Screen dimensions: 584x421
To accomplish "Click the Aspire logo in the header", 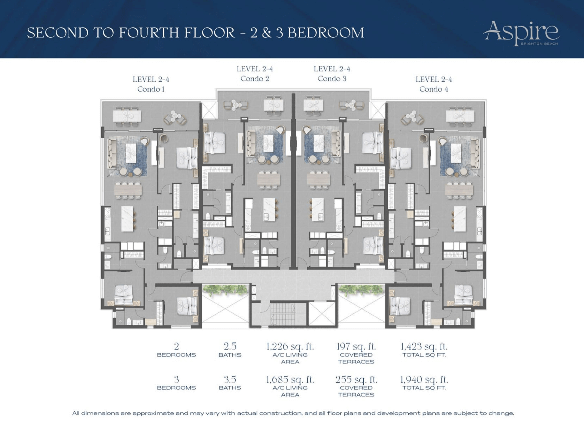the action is click(521, 33).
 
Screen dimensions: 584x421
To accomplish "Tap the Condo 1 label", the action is click(151, 89).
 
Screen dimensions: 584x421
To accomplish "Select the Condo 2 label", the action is click(255, 79).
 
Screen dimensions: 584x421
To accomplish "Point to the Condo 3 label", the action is click(332, 79).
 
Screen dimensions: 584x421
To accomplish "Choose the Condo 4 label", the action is click(434, 89).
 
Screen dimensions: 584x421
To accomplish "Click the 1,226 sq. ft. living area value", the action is click(290, 346).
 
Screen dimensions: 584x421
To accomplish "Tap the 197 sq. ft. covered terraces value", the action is click(356, 346).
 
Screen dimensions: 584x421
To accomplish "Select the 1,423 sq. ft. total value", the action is click(424, 346).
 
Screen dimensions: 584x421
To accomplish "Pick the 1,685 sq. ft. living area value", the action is click(290, 379).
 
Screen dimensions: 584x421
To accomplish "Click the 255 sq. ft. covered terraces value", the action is click(356, 379).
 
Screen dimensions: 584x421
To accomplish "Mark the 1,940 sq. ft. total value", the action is click(424, 379).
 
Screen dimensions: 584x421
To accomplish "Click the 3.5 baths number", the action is click(230, 379).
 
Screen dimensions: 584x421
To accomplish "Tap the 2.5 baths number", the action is click(230, 346).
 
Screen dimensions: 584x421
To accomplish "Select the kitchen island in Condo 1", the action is click(127, 218).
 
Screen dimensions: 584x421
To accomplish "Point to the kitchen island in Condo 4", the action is click(459, 218).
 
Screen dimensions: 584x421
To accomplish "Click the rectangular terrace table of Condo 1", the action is click(127, 116).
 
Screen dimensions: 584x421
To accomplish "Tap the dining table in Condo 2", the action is click(269, 180).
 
